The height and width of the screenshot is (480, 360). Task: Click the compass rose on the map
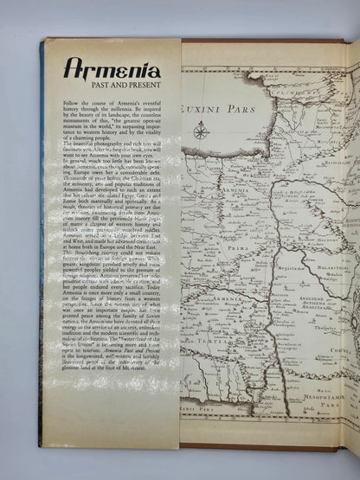point(201,131)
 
